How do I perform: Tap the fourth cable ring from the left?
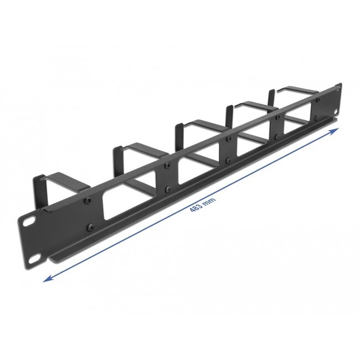pyautogui.click(x=244, y=111)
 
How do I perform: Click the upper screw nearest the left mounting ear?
pyautogui.click(x=87, y=202)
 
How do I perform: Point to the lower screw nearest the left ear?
pyautogui.click(x=89, y=227)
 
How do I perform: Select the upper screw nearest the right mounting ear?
pyautogui.click(x=318, y=100)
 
